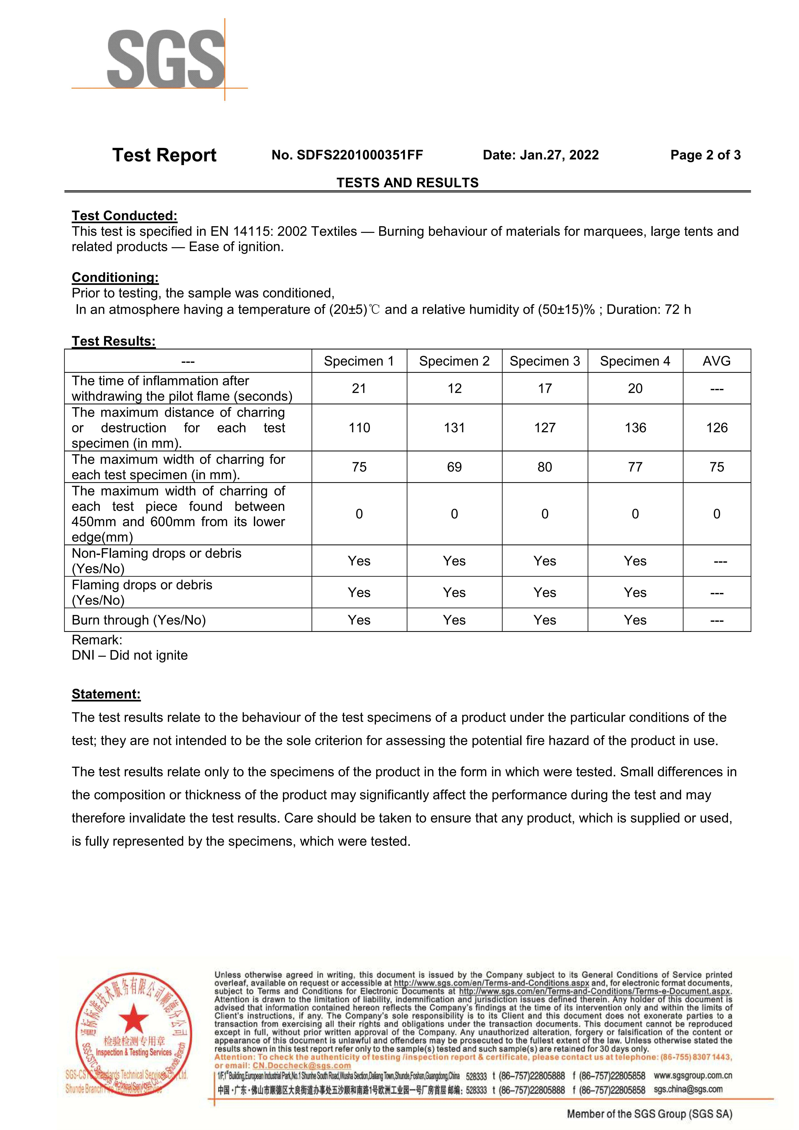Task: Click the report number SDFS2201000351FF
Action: [347, 155]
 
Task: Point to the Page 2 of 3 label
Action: [705, 155]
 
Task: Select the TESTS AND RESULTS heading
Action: [407, 183]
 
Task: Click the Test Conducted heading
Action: [125, 216]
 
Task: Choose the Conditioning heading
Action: [115, 277]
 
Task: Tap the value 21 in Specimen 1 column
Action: [359, 388]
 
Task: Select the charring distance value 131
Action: [454, 428]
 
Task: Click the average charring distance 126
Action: [716, 428]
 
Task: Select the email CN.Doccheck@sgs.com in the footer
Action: [301, 1065]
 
